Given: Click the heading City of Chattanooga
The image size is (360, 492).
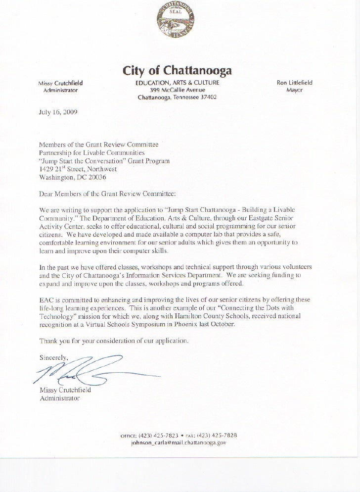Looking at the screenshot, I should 177,71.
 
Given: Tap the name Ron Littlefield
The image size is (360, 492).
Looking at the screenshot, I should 294,83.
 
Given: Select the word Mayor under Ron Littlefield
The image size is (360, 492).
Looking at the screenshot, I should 294,91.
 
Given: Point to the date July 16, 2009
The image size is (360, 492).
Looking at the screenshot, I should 58,112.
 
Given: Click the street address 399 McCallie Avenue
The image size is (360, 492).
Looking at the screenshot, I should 177,91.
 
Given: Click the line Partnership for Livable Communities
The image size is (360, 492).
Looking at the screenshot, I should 92,153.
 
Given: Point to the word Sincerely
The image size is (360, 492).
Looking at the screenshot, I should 54,357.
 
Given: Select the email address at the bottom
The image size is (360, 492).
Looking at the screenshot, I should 178,443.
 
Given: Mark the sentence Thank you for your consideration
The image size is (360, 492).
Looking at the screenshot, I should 114,341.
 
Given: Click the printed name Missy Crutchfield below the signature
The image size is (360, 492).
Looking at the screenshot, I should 65,390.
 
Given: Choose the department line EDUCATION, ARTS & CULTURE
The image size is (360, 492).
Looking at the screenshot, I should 177,83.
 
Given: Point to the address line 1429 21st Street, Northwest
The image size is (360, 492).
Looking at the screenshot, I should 78,169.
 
